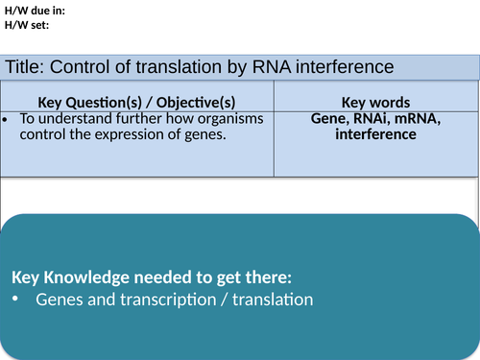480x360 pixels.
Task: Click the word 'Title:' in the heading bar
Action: click(26, 66)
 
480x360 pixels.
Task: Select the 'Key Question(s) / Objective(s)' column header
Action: click(139, 102)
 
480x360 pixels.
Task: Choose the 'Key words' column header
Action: click(375, 102)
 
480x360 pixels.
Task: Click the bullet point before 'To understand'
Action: click(8, 119)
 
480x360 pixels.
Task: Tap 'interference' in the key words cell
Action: click(375, 134)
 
